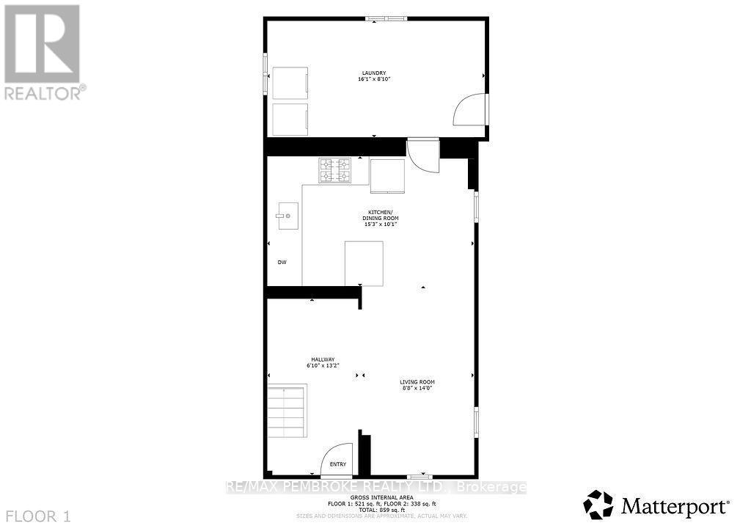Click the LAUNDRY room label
click(x=373, y=73)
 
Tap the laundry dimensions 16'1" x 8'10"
click(x=373, y=78)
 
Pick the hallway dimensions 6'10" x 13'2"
click(x=320, y=365)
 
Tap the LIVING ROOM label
click(x=417, y=382)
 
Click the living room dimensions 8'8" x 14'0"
click(x=417, y=389)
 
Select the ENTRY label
click(x=337, y=464)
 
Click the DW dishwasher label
click(x=281, y=263)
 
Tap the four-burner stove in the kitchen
click(x=334, y=171)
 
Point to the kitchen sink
click(x=288, y=216)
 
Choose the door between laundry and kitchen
click(x=423, y=155)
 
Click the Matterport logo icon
click(x=598, y=505)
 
